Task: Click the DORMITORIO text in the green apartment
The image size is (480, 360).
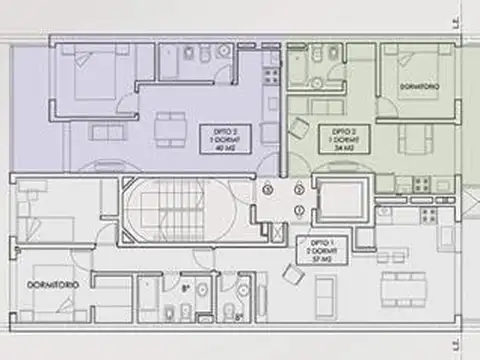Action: tap(417, 88)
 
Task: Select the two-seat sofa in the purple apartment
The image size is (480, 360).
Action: tap(106, 131)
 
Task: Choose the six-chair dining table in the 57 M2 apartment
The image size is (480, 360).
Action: tap(401, 281)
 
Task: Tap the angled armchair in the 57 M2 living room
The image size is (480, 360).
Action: tap(293, 273)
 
